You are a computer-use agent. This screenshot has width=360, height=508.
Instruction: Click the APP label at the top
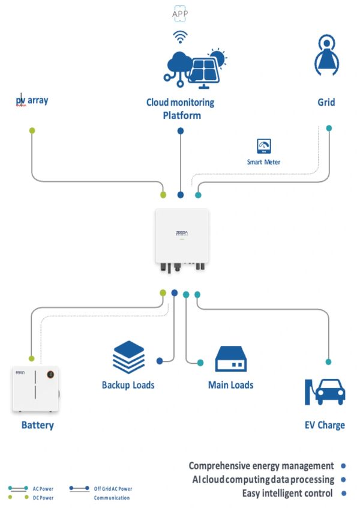180,13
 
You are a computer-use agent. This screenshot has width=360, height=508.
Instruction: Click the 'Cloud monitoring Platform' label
181,109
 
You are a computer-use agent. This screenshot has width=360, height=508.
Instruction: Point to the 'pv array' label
32,100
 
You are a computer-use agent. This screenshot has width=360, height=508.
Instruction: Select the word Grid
326,102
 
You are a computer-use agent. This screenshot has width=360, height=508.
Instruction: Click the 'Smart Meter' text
263,162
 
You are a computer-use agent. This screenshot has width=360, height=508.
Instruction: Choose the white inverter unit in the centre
182,238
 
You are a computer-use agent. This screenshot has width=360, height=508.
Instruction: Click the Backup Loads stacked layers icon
128,357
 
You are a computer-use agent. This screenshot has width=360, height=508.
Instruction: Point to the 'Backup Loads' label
128,385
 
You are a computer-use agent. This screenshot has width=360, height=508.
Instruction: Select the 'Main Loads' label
230,385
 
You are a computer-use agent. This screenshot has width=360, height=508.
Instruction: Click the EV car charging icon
325,392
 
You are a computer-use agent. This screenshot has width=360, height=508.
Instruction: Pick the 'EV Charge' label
325,425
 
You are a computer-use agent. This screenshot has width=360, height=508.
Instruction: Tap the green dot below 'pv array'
32,130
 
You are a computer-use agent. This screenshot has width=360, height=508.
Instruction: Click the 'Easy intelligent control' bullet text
287,494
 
